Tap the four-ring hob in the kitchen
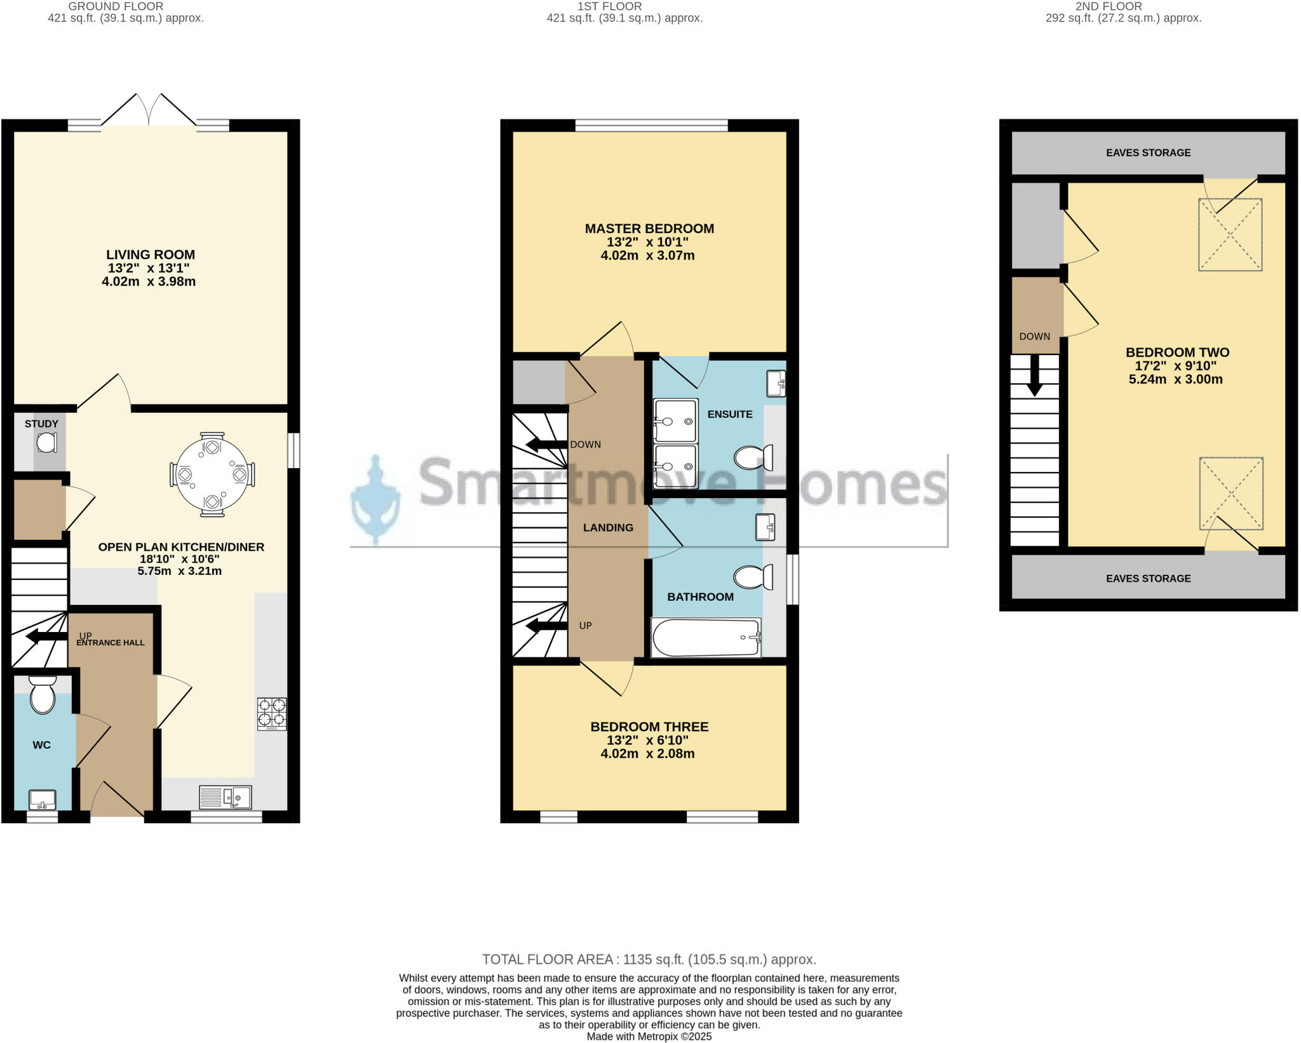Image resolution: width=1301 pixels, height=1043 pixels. click(x=272, y=714)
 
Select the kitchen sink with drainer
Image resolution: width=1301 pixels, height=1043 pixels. click(x=226, y=797)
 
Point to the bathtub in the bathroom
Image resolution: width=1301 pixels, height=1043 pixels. click(x=706, y=637)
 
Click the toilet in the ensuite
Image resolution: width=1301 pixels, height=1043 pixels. click(x=753, y=457)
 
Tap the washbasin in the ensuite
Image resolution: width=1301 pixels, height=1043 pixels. click(x=776, y=383)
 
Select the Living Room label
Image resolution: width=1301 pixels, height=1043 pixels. click(x=151, y=255)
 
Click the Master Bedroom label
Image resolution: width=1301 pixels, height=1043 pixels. click(x=649, y=229)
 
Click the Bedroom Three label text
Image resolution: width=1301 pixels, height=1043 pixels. click(x=649, y=727)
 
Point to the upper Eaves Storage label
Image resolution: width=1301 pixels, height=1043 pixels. click(x=1148, y=152)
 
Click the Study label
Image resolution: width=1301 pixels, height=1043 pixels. click(x=41, y=424)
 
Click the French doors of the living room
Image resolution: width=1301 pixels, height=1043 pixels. click(x=149, y=111)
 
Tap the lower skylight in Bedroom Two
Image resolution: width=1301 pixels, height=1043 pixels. click(x=1230, y=494)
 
